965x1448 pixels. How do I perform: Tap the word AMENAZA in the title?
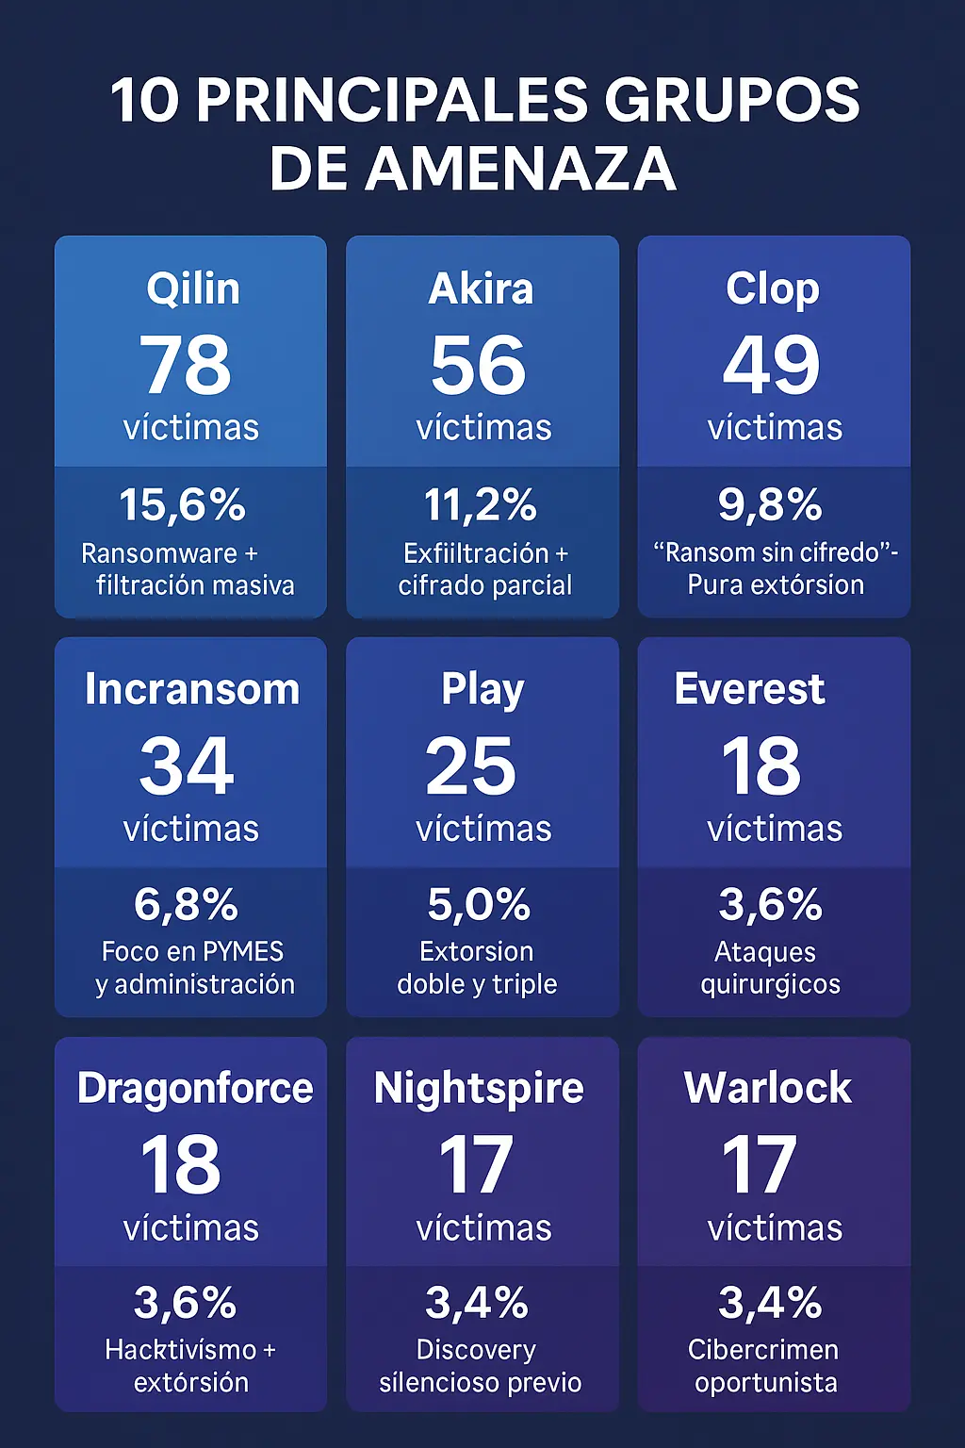(520, 170)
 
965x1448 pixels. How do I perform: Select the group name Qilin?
(192, 288)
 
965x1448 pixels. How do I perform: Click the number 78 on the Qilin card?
(186, 365)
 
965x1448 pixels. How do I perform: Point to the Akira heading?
(482, 288)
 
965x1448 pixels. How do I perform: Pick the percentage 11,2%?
(481, 505)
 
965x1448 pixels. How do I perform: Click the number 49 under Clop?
(772, 365)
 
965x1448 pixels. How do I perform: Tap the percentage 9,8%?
(770, 504)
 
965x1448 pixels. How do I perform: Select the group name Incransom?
(192, 689)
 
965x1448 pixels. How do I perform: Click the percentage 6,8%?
(186, 905)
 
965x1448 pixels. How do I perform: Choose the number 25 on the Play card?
(471, 766)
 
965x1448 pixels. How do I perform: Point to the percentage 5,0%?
(479, 905)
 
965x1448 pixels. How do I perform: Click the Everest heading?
(750, 689)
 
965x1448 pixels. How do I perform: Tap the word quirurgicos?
(770, 984)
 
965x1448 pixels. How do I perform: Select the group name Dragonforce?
(195, 1088)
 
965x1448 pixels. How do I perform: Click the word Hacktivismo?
(181, 1350)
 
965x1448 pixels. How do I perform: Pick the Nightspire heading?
(479, 1088)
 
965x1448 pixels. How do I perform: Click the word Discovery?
(476, 1350)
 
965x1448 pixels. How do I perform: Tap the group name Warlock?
(768, 1088)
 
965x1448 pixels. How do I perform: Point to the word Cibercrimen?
(763, 1350)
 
